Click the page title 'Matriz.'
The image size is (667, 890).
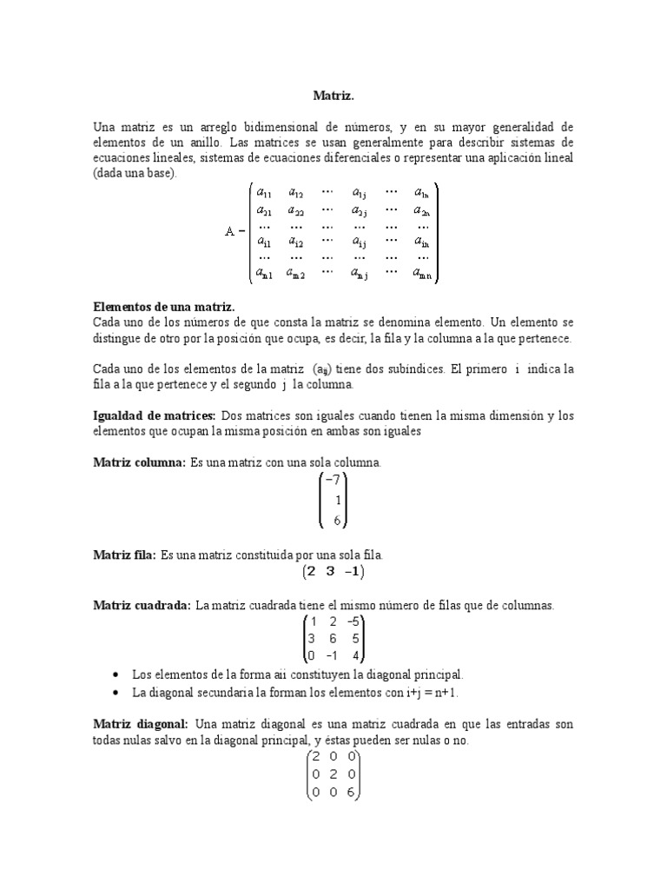tap(333, 95)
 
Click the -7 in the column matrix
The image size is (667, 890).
tap(334, 480)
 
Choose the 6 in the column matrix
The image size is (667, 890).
tap(338, 521)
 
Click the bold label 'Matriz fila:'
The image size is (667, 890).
tap(124, 555)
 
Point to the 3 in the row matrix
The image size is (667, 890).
tap(329, 572)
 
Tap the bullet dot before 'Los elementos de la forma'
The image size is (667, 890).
tap(117, 674)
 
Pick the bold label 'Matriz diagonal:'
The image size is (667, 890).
tap(141, 724)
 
